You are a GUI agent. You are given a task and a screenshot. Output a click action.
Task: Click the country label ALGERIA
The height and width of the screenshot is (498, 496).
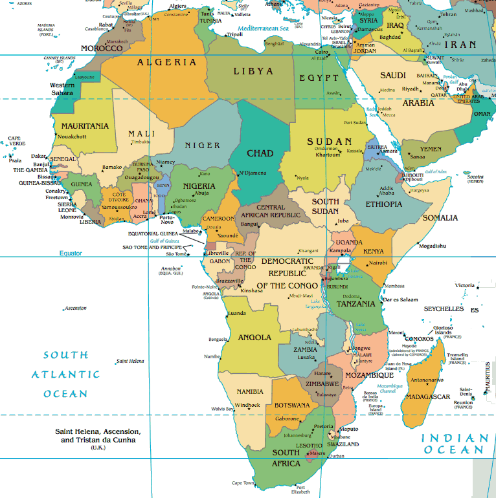[166, 63]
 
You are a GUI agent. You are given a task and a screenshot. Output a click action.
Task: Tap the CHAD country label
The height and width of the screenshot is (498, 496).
[260, 153]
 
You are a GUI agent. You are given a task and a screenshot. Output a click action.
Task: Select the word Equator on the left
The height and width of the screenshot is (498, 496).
[71, 253]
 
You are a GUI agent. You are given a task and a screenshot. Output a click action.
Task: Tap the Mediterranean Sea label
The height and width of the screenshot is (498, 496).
[261, 28]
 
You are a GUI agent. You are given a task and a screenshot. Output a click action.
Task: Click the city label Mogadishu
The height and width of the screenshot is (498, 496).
[432, 246]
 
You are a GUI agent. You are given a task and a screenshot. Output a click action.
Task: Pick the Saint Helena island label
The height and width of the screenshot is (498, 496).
[130, 361]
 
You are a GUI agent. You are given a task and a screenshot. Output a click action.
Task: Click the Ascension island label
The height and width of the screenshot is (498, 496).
[75, 309]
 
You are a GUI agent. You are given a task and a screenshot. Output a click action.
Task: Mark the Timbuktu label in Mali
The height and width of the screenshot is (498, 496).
[141, 142]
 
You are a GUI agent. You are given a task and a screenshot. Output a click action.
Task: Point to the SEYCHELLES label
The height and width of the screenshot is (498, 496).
[444, 309]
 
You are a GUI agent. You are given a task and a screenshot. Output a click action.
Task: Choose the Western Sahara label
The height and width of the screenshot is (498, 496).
[62, 89]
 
